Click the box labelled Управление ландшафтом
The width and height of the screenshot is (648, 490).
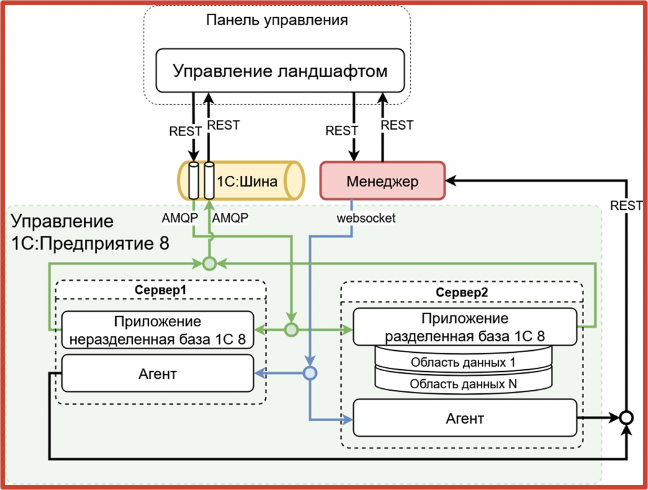click(x=280, y=70)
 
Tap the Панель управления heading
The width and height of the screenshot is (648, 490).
click(x=277, y=20)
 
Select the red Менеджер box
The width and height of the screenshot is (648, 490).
click(x=382, y=181)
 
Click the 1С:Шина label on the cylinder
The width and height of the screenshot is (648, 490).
click(x=247, y=182)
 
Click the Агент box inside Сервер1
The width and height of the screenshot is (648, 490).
click(x=158, y=374)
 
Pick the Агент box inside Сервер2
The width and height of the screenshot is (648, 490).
click(x=465, y=418)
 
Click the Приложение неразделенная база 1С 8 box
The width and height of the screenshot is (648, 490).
click(x=158, y=329)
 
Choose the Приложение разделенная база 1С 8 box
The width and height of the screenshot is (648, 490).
click(x=465, y=327)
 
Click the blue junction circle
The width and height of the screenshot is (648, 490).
click(x=309, y=374)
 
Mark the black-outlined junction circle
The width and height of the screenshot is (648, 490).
click(x=626, y=417)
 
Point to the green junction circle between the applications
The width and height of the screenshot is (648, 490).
click(x=290, y=329)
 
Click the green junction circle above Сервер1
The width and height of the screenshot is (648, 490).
click(x=209, y=262)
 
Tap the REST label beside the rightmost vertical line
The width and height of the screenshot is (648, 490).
click(x=626, y=205)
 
